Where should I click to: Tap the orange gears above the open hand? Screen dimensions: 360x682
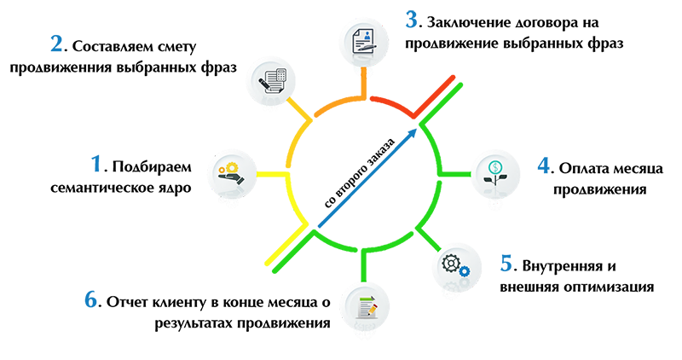[x=228, y=165]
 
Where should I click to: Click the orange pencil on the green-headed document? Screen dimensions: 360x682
[x=373, y=307]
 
